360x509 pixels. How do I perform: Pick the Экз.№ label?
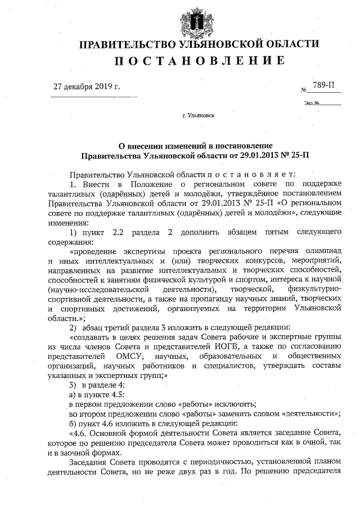click(312, 103)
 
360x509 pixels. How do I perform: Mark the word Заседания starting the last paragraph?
click(89, 462)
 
